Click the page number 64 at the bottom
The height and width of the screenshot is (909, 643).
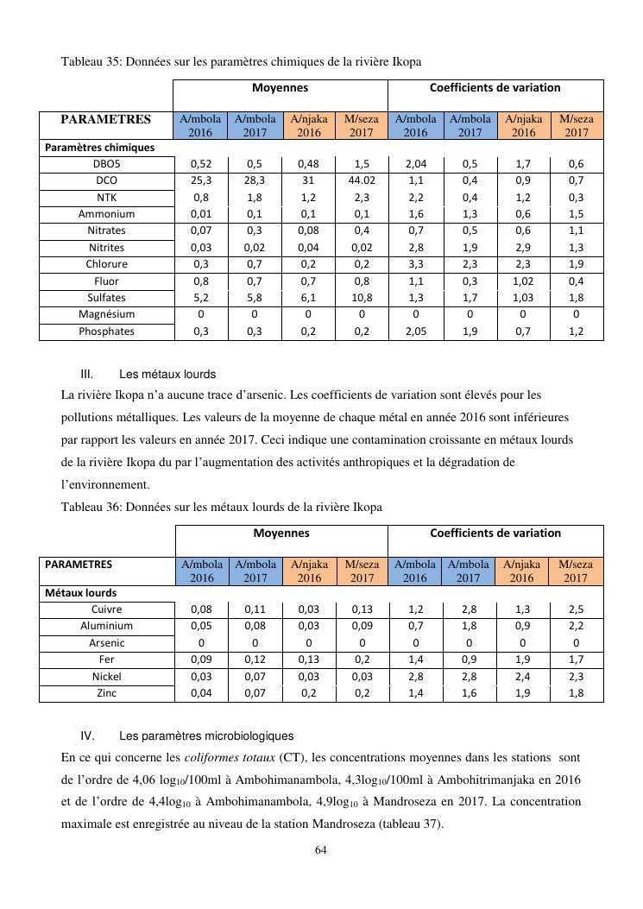tap(320, 850)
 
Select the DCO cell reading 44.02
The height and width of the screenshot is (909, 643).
tap(362, 180)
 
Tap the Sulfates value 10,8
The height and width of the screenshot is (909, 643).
tap(362, 298)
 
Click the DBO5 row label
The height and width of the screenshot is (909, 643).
tap(106, 164)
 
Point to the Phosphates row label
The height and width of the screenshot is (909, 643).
tap(106, 331)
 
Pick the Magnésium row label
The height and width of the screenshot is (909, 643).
tap(106, 314)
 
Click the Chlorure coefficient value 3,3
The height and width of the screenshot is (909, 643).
tap(415, 264)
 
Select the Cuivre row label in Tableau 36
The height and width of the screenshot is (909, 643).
tap(106, 609)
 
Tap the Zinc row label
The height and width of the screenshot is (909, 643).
tap(106, 693)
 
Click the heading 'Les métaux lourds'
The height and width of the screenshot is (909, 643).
tap(167, 375)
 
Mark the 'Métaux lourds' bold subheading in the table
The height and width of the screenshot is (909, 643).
tap(81, 593)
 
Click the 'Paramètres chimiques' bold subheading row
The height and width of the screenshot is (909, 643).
tap(100, 148)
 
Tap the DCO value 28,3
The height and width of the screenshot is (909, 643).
tap(255, 180)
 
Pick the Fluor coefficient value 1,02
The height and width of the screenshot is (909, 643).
tap(523, 281)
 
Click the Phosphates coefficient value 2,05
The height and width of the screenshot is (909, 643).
tap(415, 331)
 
